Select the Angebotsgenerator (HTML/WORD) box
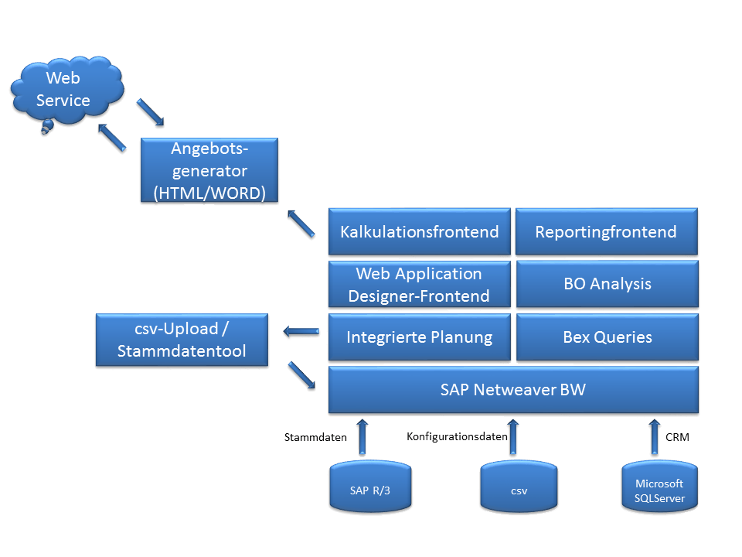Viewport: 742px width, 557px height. click(209, 171)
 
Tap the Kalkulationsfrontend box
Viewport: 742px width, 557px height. click(419, 232)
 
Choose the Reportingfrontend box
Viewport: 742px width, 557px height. click(606, 232)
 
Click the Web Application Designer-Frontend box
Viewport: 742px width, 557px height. click(419, 285)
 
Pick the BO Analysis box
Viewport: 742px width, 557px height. click(607, 285)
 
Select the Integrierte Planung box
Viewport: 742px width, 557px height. click(419, 337)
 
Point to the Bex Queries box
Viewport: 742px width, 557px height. click(607, 337)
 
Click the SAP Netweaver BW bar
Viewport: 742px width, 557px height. click(513, 390)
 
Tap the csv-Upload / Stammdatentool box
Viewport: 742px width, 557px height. click(182, 340)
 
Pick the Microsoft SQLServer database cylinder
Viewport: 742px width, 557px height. click(659, 489)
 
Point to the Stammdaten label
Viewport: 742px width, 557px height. click(315, 438)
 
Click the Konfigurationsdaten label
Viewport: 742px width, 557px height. click(456, 437)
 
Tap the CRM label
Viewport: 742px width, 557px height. click(678, 438)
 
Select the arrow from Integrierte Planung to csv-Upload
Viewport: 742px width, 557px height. click(301, 333)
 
